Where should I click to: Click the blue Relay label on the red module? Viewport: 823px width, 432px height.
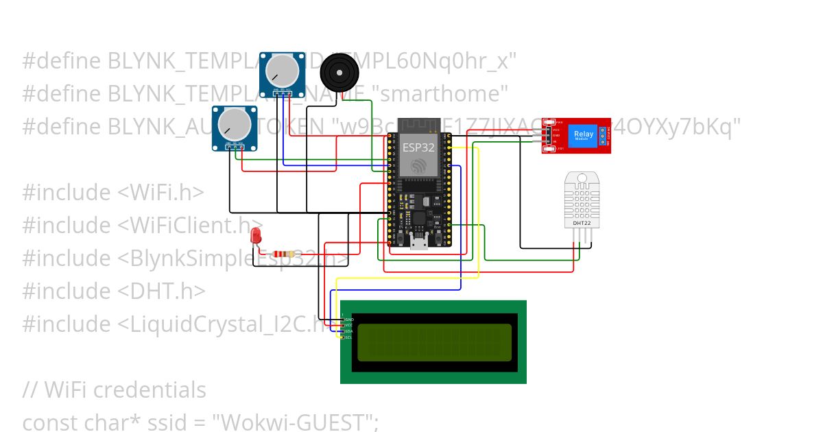(584, 134)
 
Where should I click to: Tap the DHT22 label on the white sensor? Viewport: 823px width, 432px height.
(582, 223)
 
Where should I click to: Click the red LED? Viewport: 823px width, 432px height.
(257, 235)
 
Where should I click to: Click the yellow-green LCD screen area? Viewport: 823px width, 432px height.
(433, 342)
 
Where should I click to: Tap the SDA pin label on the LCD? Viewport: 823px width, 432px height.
(348, 331)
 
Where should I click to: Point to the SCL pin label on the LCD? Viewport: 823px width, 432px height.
(348, 337)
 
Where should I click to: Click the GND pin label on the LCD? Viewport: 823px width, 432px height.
(348, 319)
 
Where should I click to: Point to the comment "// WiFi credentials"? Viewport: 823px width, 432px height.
(114, 389)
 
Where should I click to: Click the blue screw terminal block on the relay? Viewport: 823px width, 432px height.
(604, 136)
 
